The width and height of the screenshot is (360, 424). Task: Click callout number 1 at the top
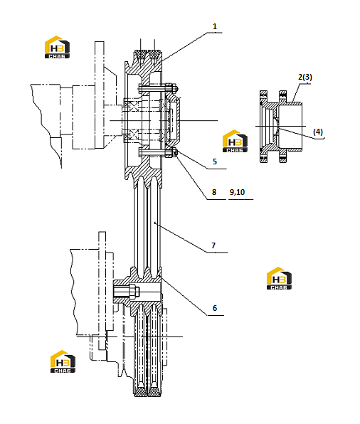tap(215, 26)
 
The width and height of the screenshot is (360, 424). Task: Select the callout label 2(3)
tap(305, 77)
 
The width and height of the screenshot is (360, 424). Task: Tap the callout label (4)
tap(318, 132)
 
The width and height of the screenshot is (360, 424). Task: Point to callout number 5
tap(215, 161)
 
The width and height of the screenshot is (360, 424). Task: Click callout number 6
tap(215, 308)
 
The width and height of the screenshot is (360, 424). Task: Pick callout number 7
tap(213, 245)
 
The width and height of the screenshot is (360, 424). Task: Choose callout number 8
tap(214, 192)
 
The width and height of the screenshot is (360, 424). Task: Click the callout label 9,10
tap(237, 192)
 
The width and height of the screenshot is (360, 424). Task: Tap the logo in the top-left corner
tap(57, 47)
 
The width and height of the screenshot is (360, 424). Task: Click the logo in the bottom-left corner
tap(63, 361)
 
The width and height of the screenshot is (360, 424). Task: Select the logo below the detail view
tap(279, 278)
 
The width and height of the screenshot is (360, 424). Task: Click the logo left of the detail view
tap(235, 141)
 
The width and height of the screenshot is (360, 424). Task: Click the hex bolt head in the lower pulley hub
tap(134, 291)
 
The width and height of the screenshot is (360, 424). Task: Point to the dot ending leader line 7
tap(154, 223)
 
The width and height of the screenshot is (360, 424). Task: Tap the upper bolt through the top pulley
tap(158, 88)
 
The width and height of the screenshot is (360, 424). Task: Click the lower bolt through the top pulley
tap(158, 153)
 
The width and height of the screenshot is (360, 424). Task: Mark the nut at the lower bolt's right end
tap(175, 153)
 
